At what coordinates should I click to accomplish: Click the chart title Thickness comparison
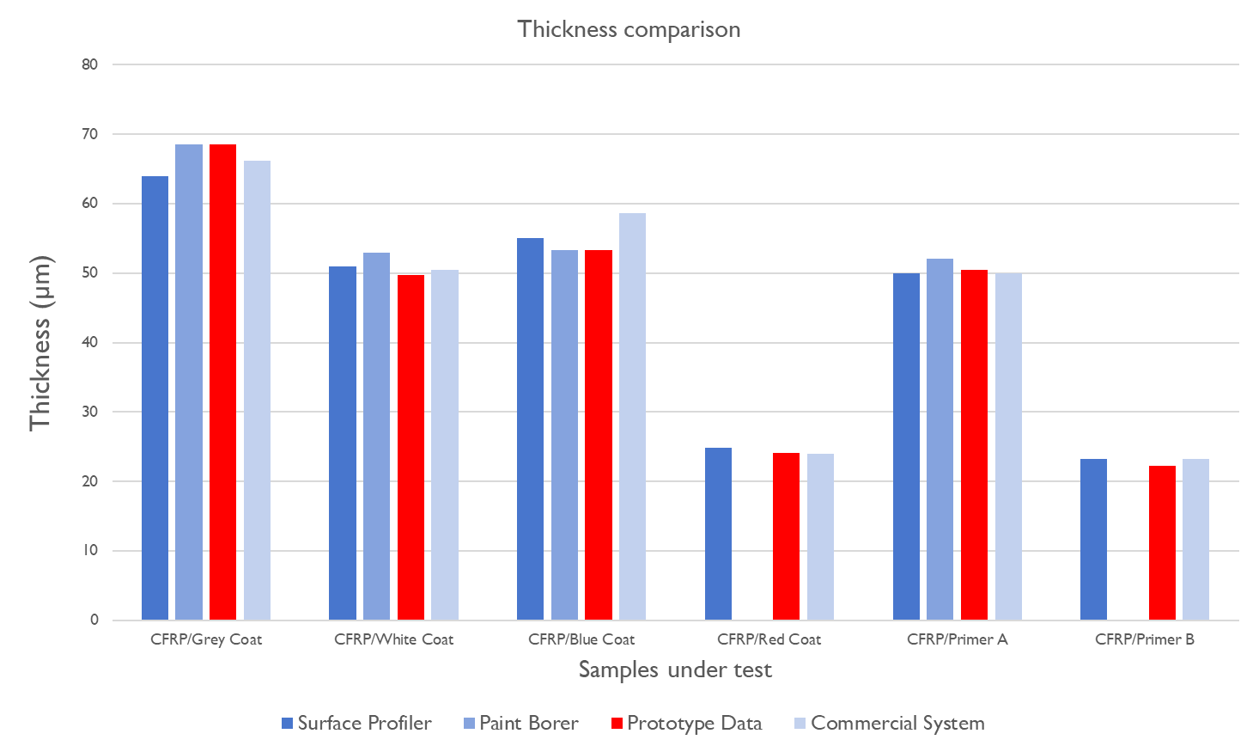629,29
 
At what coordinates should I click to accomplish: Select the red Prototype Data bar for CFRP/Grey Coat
223,382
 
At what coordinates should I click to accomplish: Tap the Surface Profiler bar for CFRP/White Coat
343,443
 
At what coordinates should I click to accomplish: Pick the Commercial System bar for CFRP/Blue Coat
632,416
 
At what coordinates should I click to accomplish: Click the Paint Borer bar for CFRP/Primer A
940,439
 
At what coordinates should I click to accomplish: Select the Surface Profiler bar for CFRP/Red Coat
718,534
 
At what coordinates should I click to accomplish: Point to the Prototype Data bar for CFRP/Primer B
1162,542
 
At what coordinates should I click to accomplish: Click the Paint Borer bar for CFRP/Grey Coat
189,382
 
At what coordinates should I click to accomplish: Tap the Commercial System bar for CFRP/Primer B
1195,539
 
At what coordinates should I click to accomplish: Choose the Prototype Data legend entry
686,724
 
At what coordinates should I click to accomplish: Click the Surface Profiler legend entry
356,724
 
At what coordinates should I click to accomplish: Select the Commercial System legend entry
889,724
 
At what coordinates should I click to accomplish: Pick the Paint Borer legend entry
520,724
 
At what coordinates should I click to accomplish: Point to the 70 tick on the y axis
90,134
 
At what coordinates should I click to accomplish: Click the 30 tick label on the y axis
90,412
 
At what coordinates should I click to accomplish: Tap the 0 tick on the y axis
94,620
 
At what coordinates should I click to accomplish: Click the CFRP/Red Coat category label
769,639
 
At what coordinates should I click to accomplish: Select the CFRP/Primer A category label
957,639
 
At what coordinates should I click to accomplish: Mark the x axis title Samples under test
675,669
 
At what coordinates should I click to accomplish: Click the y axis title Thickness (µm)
40,343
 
